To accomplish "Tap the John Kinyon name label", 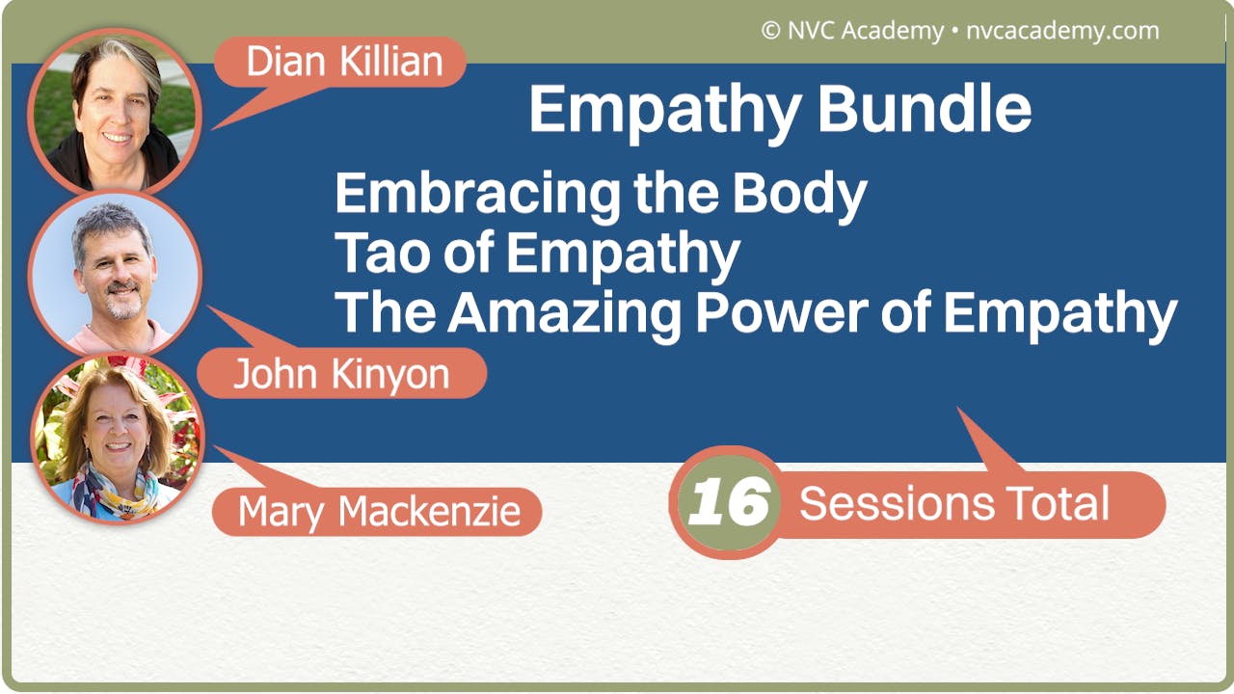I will tap(341, 374).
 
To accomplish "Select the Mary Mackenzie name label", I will tap(379, 511).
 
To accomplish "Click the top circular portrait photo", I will tap(114, 113).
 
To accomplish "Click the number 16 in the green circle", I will tap(728, 502).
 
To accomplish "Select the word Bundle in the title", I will tap(925, 109).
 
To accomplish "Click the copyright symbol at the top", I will tap(770, 31).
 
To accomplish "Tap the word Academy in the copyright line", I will tap(892, 31).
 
